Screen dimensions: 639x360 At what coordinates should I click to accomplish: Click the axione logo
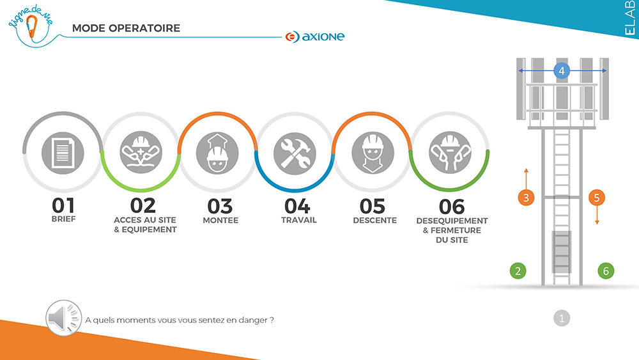tap(315, 36)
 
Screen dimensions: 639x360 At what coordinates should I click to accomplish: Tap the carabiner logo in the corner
tap(31, 26)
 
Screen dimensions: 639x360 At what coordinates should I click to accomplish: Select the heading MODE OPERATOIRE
tap(126, 28)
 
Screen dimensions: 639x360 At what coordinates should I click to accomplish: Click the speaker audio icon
tap(63, 318)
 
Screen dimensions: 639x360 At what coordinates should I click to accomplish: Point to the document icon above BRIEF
tap(63, 153)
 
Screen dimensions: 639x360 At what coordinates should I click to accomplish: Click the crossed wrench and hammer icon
tap(295, 153)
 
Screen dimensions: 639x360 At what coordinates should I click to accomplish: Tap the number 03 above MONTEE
tap(220, 207)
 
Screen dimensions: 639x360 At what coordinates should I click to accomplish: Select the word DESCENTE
tap(374, 220)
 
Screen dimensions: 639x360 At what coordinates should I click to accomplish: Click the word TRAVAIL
tap(298, 220)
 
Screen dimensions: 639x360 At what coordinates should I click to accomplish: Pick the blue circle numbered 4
tap(562, 70)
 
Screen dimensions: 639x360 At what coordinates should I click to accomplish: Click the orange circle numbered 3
tap(526, 198)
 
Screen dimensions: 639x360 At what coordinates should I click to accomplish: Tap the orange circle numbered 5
tap(597, 198)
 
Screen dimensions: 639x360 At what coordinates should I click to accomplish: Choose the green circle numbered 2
tap(518, 270)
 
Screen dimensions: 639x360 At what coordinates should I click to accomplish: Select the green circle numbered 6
tap(606, 270)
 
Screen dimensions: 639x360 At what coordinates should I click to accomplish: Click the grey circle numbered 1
tap(562, 318)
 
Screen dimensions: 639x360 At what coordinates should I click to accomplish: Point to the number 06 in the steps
tap(452, 207)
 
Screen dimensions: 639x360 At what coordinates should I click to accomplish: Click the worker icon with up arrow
tap(217, 153)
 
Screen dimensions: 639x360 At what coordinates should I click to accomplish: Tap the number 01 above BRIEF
tap(63, 205)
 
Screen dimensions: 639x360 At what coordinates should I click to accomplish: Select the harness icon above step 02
tap(141, 152)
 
